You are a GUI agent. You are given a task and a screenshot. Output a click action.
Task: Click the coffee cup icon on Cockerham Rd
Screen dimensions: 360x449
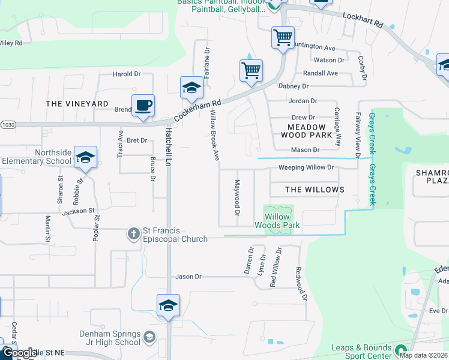(143, 106)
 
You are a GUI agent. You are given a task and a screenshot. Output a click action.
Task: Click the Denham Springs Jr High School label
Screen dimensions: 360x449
(110, 338)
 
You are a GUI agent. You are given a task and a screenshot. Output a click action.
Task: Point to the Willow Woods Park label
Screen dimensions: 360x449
(277, 221)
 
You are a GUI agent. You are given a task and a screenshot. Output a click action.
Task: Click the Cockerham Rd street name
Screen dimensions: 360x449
(198, 110)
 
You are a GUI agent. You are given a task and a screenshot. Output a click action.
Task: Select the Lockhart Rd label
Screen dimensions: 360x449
(363, 22)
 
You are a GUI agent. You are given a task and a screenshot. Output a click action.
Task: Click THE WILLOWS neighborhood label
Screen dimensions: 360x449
(315, 190)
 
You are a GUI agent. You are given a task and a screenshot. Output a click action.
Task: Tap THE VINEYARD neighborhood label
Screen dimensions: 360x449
(77, 104)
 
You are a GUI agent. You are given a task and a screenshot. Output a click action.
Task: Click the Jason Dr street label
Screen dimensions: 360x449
(188, 277)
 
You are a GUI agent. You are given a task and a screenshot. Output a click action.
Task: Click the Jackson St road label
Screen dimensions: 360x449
(79, 211)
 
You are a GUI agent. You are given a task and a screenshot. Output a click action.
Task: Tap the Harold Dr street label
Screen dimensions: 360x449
(126, 74)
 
